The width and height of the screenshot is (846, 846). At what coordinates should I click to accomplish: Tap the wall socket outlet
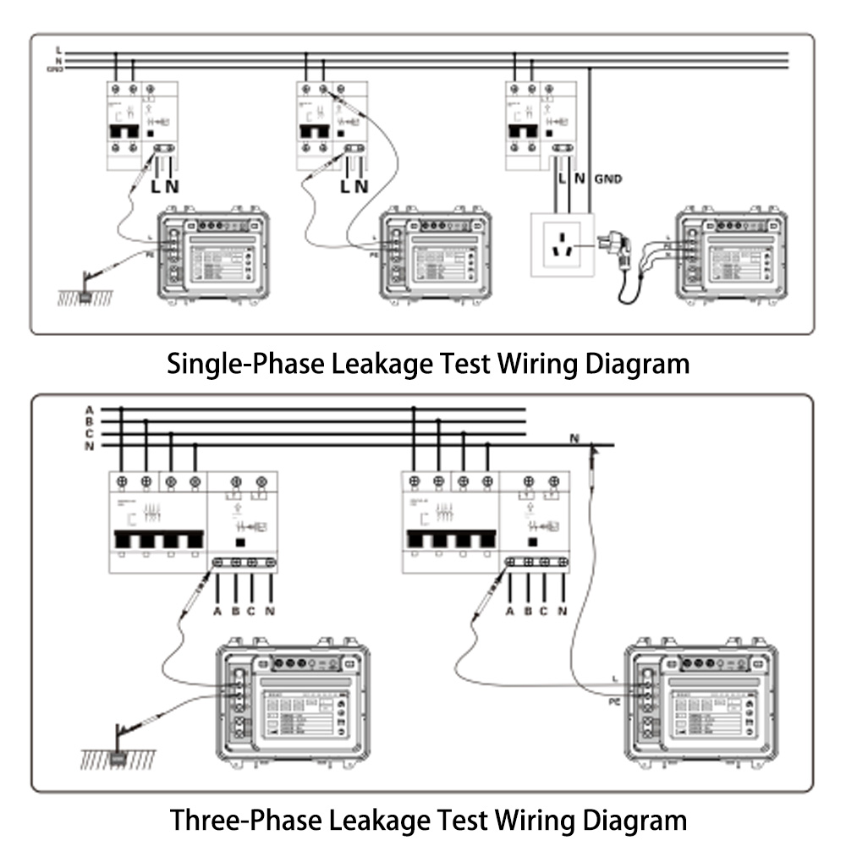(562, 245)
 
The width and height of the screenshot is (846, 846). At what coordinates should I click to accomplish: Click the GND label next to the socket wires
(608, 179)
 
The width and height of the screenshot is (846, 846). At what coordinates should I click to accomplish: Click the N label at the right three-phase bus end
(574, 437)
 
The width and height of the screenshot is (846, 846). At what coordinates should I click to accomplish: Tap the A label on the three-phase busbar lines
(89, 410)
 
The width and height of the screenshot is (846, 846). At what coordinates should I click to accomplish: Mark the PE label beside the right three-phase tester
(615, 702)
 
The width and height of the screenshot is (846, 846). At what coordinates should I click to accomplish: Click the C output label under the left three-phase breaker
(252, 612)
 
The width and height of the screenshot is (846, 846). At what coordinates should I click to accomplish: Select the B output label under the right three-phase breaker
(528, 612)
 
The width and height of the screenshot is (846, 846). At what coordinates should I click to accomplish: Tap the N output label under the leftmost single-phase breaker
(172, 185)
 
